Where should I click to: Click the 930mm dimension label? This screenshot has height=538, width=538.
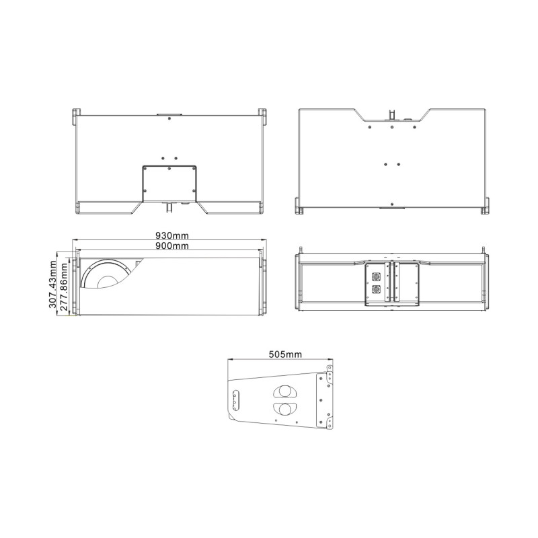click(x=172, y=235)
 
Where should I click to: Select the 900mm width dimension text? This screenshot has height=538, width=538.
click(x=172, y=245)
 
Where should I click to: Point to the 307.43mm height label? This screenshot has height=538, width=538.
click(x=52, y=284)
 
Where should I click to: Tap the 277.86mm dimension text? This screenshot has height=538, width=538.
click(x=63, y=287)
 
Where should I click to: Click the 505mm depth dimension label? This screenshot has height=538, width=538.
click(x=285, y=354)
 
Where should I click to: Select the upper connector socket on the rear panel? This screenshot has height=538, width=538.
click(x=375, y=276)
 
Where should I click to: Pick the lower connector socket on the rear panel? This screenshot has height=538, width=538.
click(x=375, y=289)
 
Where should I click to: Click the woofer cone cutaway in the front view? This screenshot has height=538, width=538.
click(x=106, y=274)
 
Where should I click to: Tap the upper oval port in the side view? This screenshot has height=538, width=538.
click(x=285, y=391)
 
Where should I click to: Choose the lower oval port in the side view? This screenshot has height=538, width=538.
click(x=285, y=408)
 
